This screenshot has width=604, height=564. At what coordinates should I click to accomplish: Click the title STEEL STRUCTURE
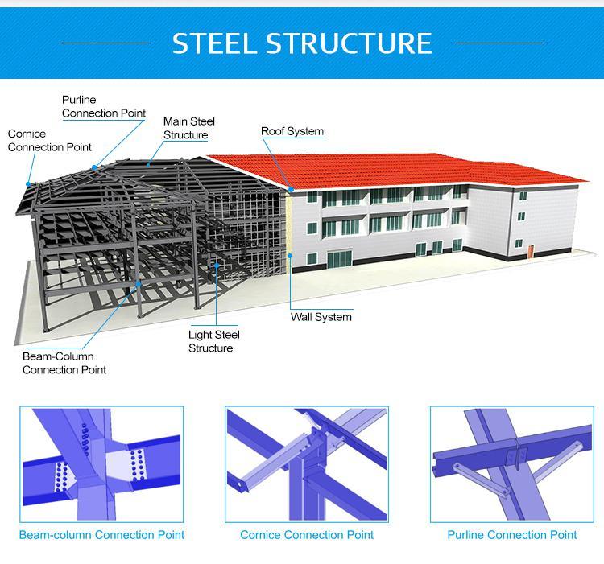pyautogui.click(x=302, y=43)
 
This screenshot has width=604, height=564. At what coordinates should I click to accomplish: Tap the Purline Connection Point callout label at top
pyautogui.click(x=104, y=106)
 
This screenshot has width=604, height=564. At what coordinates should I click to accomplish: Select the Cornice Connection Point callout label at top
pyautogui.click(x=49, y=140)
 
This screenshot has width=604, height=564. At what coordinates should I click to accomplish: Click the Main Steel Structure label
pyautogui.click(x=189, y=128)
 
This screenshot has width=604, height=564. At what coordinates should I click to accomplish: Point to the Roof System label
pyautogui.click(x=292, y=131)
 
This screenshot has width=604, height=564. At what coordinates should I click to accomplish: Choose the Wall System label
pyautogui.click(x=321, y=317)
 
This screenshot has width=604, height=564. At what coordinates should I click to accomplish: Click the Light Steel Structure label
pyautogui.click(x=214, y=341)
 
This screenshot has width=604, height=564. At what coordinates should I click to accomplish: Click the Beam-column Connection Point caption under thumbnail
pyautogui.click(x=101, y=534)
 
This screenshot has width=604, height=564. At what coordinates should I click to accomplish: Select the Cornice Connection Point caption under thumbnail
pyautogui.click(x=307, y=534)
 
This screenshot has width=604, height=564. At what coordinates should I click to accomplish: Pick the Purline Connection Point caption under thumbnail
pyautogui.click(x=512, y=534)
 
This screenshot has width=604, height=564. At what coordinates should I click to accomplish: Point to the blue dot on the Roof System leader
pyautogui.click(x=292, y=190)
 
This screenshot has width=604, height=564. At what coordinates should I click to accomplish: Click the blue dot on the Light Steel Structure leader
pyautogui.click(x=216, y=265)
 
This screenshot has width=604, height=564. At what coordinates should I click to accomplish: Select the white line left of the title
pyautogui.click(x=105, y=43)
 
